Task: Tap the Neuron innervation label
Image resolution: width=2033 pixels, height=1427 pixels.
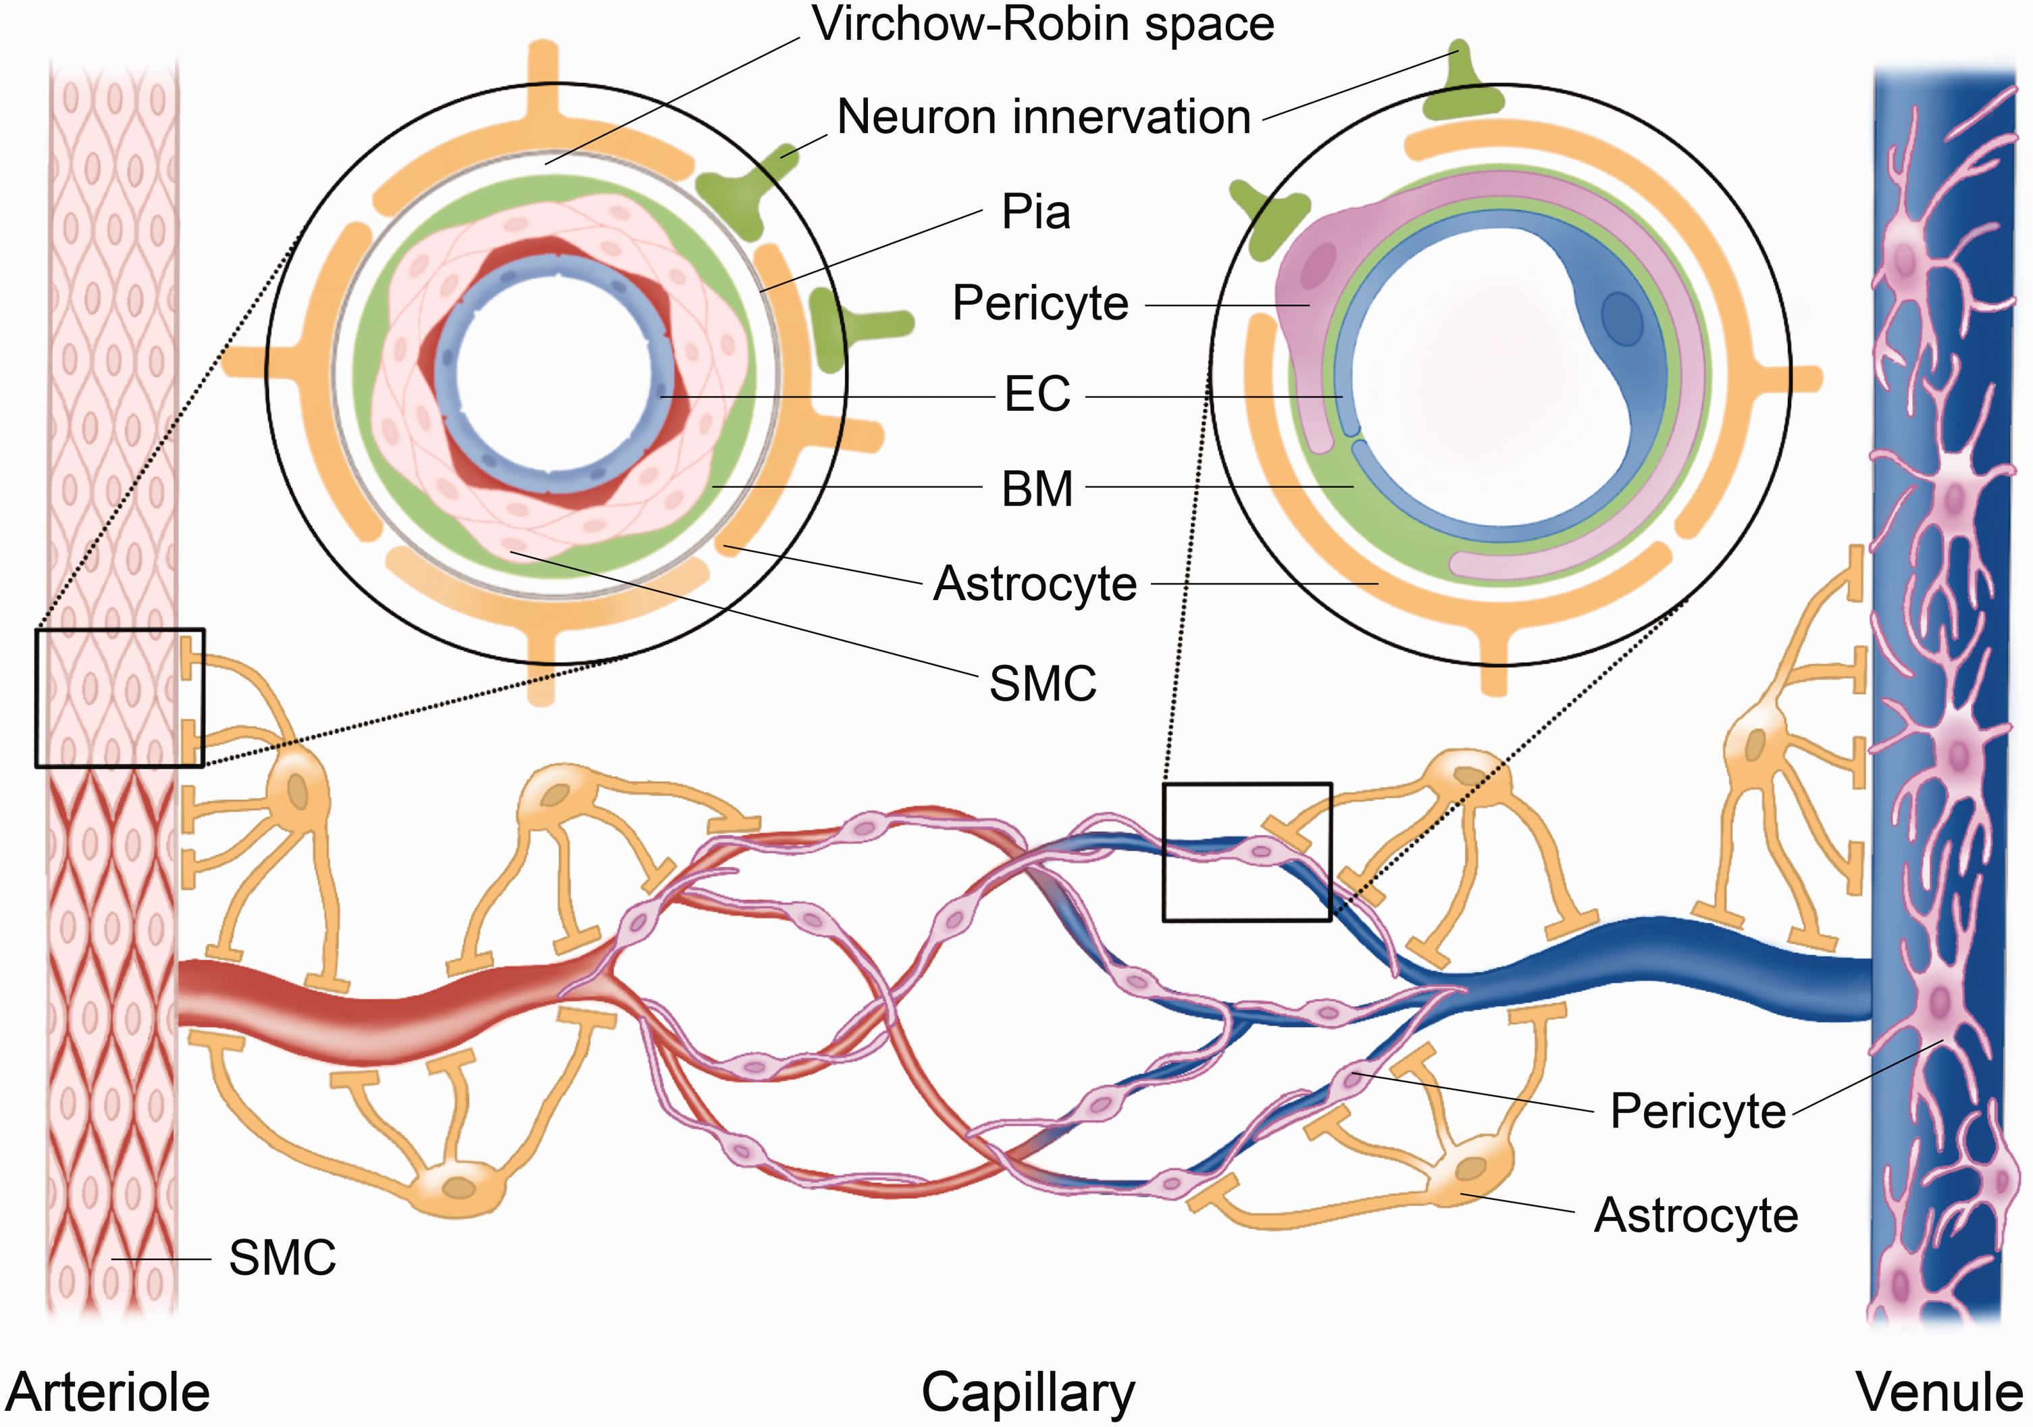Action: [1043, 117]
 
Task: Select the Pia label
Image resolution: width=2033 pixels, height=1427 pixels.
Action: [1035, 213]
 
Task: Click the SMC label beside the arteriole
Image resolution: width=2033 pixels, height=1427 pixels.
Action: [282, 1258]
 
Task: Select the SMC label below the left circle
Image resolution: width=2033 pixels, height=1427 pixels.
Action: [1042, 684]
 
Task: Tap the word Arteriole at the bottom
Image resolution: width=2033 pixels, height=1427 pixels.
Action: [108, 1392]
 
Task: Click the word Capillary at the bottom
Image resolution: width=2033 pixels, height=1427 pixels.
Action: [1027, 1392]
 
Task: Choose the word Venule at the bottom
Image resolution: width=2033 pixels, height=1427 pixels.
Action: [1939, 1392]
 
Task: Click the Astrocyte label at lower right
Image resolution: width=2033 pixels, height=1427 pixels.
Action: [1696, 1216]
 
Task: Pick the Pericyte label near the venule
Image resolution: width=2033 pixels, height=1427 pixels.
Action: [1697, 1111]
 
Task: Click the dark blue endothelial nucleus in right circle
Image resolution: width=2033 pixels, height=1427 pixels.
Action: [1621, 320]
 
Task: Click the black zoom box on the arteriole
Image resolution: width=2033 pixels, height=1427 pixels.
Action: [120, 698]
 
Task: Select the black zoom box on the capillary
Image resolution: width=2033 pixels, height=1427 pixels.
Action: [1247, 852]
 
